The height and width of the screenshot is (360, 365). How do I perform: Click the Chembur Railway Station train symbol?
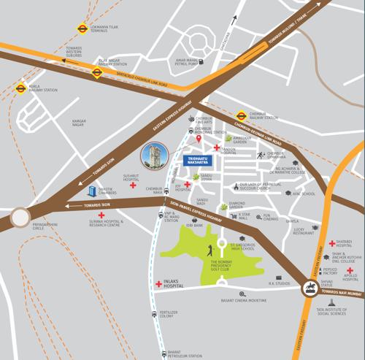coord(240,115)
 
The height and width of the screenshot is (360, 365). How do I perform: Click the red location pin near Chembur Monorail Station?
coord(199,138)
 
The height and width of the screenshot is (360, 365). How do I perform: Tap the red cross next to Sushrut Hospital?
coord(132,185)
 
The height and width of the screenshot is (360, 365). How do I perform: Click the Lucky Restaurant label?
coord(304,231)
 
